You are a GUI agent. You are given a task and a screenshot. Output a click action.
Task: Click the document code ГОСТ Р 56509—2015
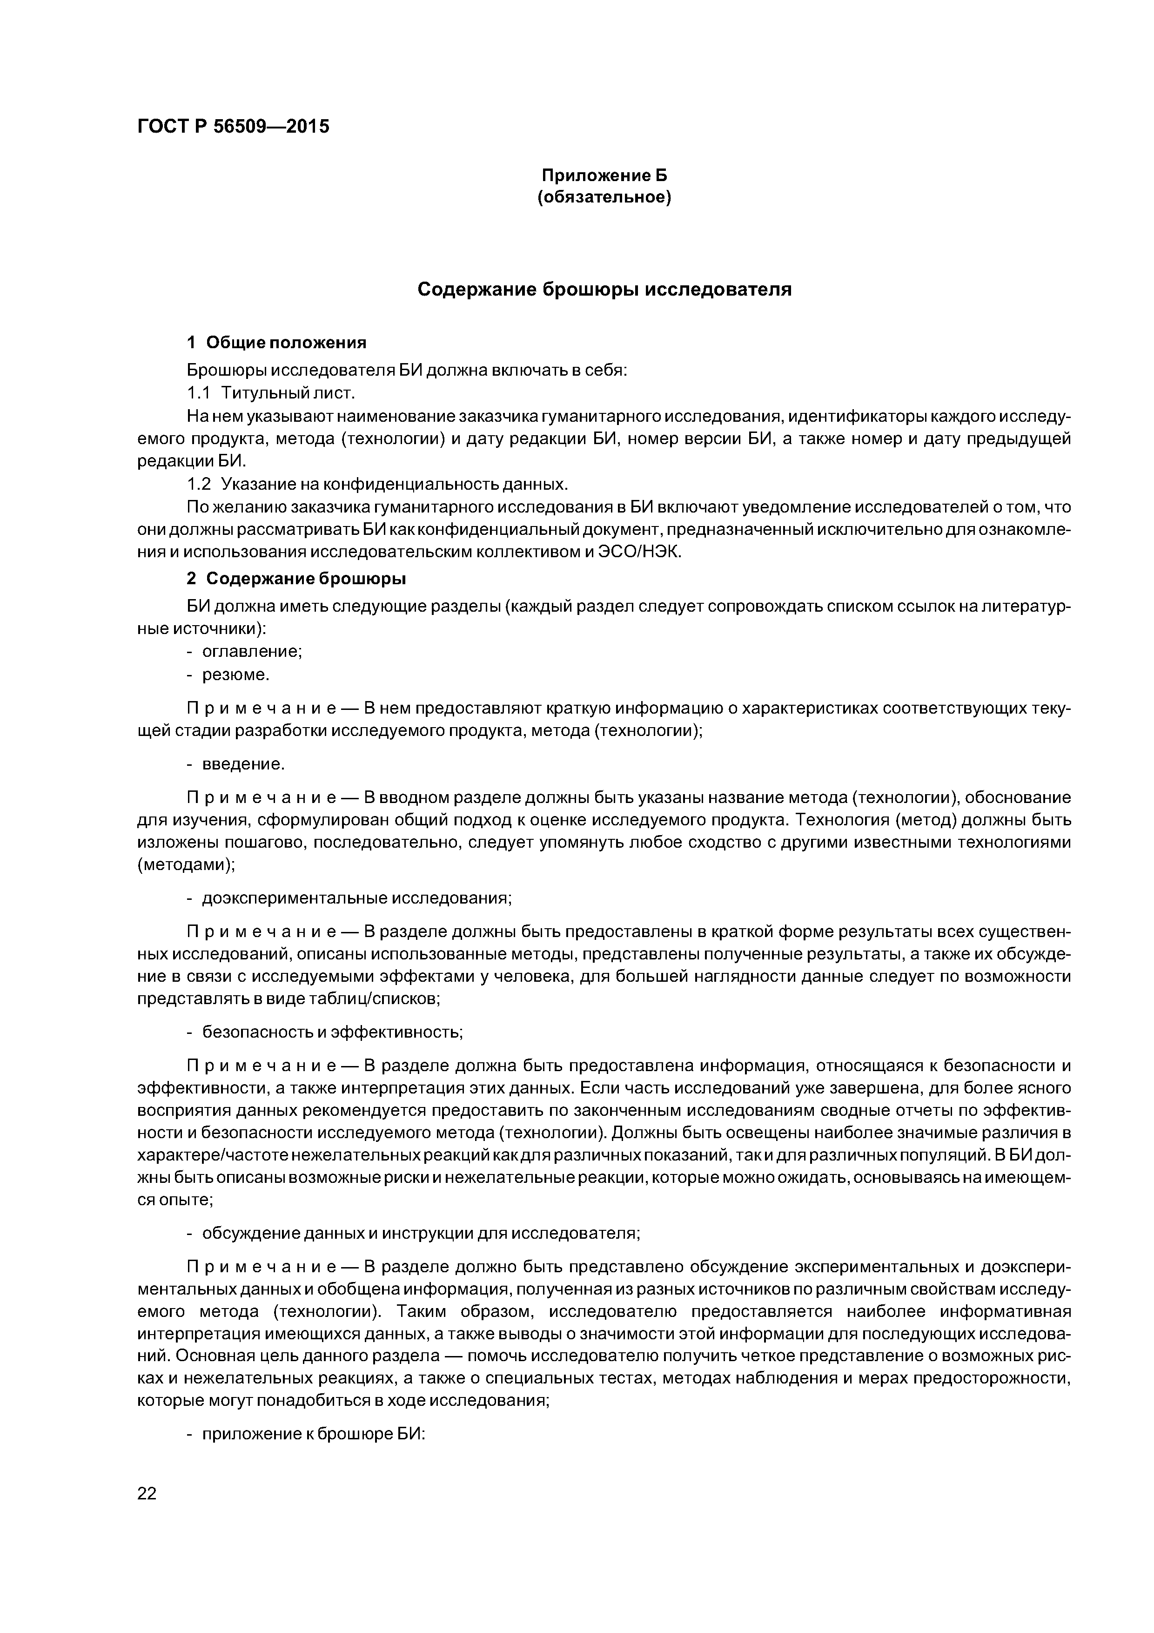click(233, 127)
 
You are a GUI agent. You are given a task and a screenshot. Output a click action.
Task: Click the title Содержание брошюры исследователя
click(604, 290)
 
